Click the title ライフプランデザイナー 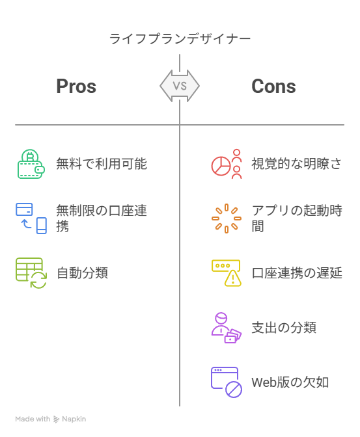[180, 39]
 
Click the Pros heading [76, 86]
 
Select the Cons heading [273, 86]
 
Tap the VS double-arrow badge [180, 86]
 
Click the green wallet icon [31, 164]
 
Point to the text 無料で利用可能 [102, 164]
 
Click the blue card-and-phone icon [31, 218]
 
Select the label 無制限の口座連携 [102, 218]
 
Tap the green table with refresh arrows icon [31, 273]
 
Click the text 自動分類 [82, 273]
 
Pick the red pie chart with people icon [227, 164]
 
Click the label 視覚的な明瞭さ [297, 164]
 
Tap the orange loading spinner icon [227, 218]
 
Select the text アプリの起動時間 [297, 218]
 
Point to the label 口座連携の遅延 [297, 273]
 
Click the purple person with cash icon [227, 328]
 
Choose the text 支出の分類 [284, 328]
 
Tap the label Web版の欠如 [290, 382]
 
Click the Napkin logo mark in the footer [57, 419]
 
